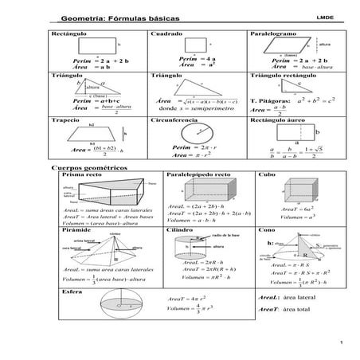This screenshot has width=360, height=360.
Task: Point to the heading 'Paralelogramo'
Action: pos(275,34)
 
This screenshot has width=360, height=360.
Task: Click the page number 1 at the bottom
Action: pos(339,343)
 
